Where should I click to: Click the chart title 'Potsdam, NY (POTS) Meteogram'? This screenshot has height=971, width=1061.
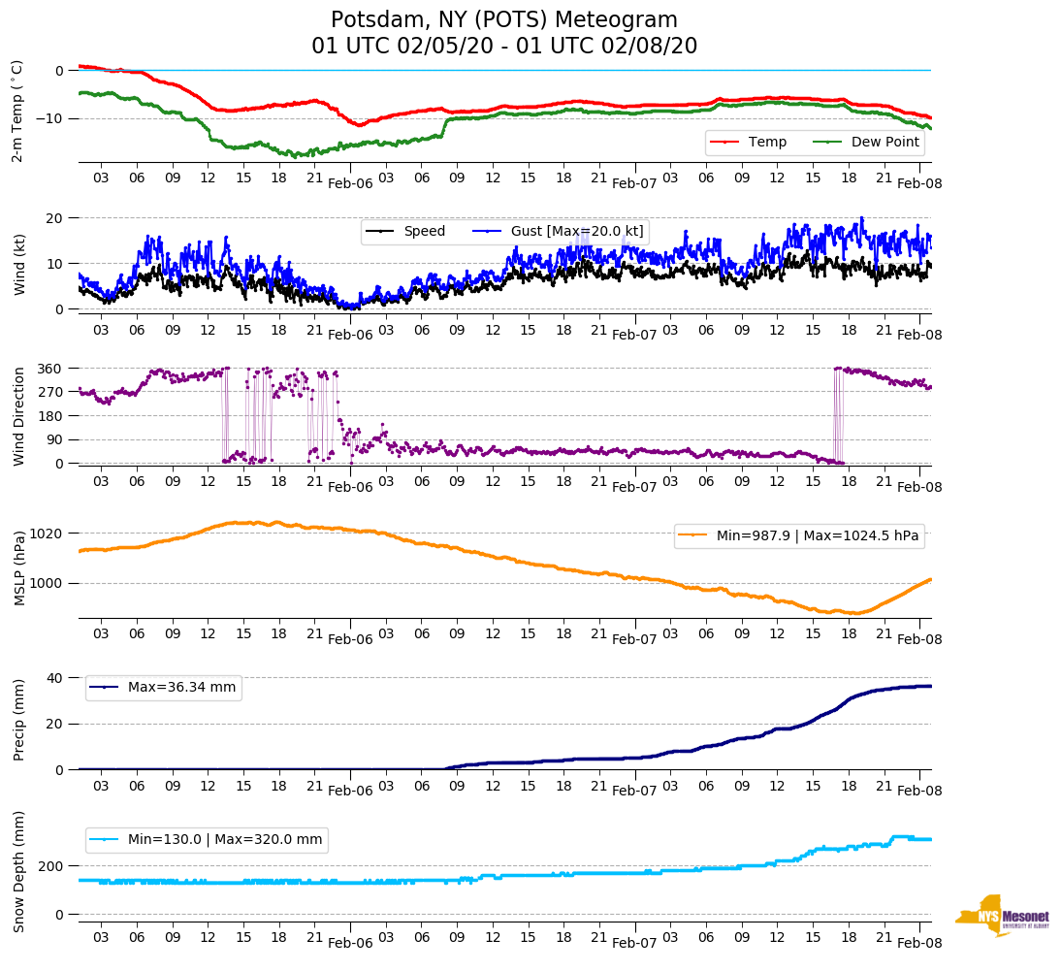[503, 20]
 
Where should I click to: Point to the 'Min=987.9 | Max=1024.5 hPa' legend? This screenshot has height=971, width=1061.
[798, 535]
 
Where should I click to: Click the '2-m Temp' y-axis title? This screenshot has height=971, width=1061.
[16, 111]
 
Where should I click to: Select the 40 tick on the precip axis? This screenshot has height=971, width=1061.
[56, 678]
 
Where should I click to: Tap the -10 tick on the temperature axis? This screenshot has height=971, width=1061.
[52, 118]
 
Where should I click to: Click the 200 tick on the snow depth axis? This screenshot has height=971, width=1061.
[52, 865]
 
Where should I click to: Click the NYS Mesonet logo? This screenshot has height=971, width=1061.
[1001, 916]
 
